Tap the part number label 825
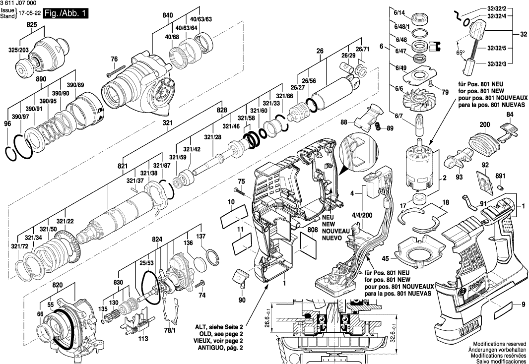pos(32,24)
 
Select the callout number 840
pos(167,16)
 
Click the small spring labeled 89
pos(378,127)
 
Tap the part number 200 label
pos(484,125)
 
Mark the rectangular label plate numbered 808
pos(308,243)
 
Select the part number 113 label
pos(143,339)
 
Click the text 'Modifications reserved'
pos(499,344)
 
